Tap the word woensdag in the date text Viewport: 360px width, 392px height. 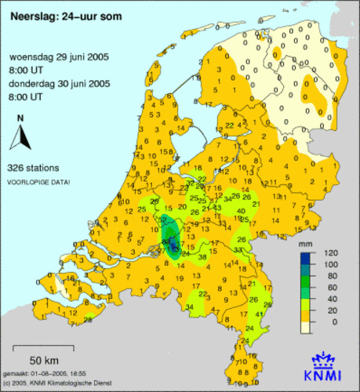point(33,58)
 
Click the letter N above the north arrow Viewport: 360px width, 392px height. point(20,118)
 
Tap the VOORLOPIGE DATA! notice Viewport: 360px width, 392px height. point(38,182)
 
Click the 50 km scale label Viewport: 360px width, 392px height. point(45,359)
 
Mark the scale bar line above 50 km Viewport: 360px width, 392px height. point(44,346)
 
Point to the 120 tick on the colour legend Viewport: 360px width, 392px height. point(329,254)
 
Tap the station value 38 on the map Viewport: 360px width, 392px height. point(202,258)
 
